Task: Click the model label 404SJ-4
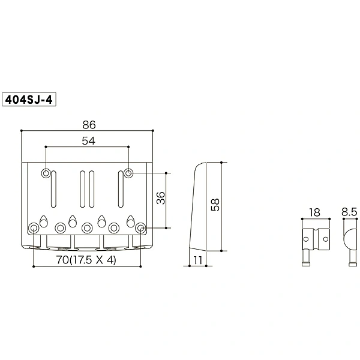point(29,100)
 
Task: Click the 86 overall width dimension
point(89,125)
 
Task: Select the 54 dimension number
point(88,141)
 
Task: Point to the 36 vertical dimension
point(161,198)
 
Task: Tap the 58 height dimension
point(215,205)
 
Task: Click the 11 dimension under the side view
point(197,260)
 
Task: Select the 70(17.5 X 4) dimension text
point(86,260)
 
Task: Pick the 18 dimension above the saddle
point(314,212)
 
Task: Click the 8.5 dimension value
point(349,212)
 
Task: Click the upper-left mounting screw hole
point(46,173)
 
